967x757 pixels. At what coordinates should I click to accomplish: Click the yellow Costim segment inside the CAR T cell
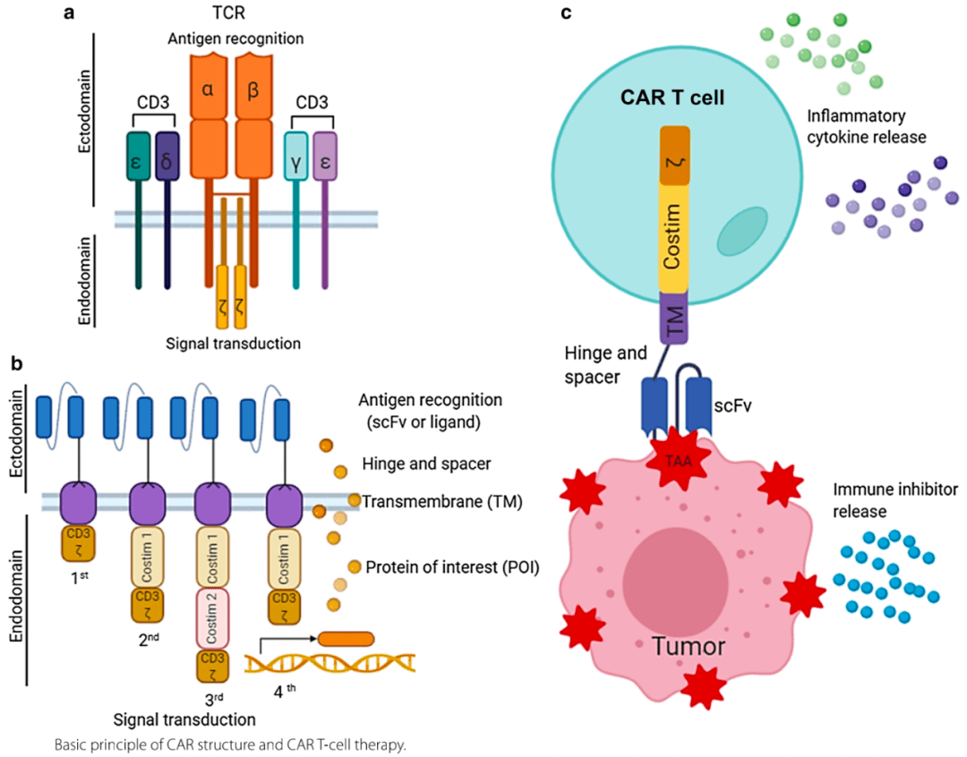tap(673, 237)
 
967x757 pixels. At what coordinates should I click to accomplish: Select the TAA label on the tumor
tap(678, 462)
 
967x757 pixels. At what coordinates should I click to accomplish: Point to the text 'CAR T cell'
tap(672, 96)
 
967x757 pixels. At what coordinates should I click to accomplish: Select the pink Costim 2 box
tap(212, 617)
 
